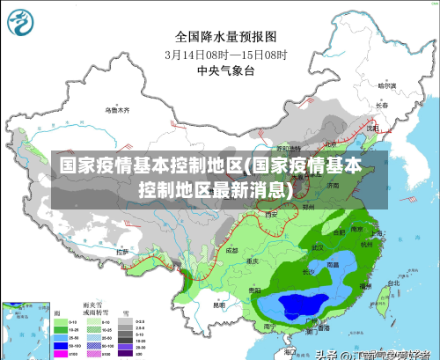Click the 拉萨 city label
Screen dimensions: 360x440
(122, 252)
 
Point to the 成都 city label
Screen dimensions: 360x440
(231, 250)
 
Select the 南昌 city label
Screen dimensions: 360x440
(333, 263)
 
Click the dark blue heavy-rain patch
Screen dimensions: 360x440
(302, 304)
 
